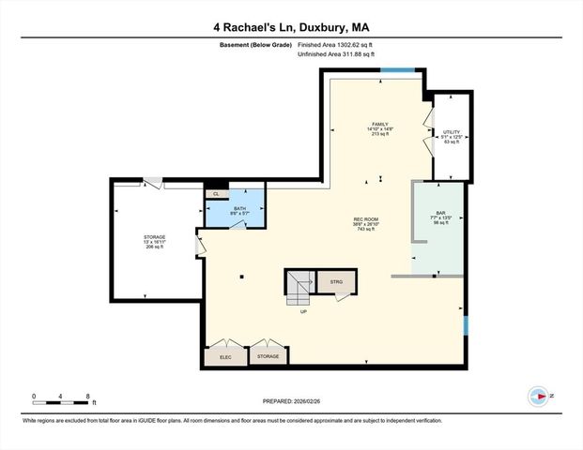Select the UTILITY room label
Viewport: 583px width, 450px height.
pos(451,137)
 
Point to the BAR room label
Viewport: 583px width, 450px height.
pos(434,217)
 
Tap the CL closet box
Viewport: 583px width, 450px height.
pos(216,193)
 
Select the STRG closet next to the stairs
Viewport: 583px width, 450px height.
pos(337,280)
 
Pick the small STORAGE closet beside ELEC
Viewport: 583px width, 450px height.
pos(268,356)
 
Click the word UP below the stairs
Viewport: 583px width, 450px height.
pos(303,312)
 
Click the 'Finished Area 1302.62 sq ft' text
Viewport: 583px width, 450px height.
pos(337,44)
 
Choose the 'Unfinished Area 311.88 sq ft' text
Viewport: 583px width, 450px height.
pos(336,54)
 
